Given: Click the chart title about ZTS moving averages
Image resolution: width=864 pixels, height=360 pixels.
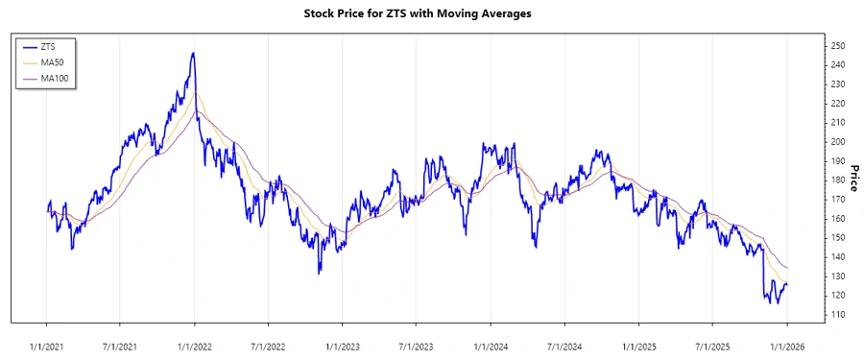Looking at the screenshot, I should [431, 14].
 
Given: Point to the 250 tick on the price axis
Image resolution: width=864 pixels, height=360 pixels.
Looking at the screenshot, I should [838, 45].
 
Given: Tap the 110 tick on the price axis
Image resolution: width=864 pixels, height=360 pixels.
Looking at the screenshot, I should [838, 315].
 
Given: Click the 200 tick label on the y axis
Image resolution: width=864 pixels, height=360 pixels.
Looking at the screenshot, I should [838, 141].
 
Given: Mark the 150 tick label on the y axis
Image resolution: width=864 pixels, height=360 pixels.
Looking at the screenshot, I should [838, 238].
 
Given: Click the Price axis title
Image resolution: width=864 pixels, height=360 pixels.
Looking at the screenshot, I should [854, 180].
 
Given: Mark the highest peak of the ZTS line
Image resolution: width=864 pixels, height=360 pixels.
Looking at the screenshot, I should [194, 54].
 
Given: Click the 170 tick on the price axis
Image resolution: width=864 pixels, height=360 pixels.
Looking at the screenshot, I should [838, 199].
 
